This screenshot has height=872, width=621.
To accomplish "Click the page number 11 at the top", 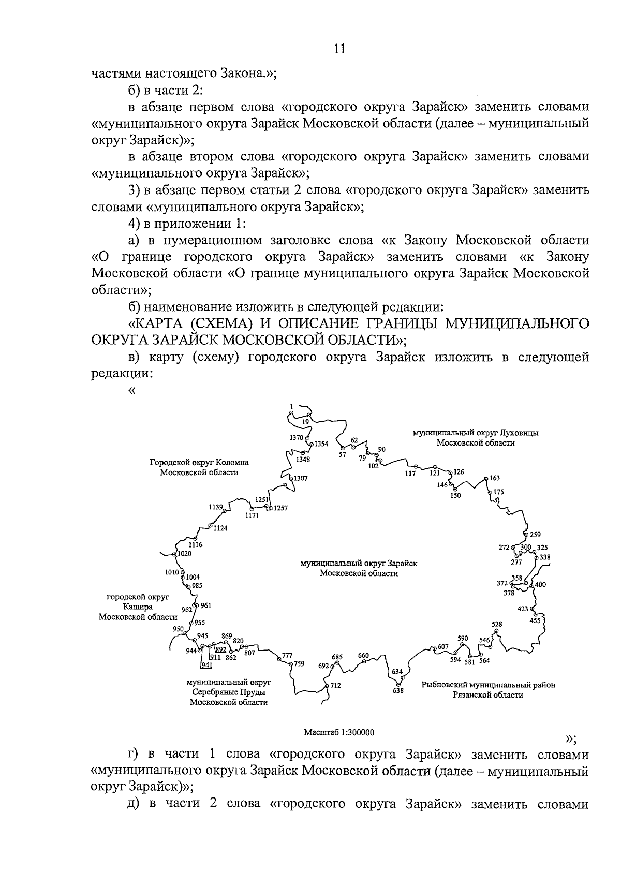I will click(339, 49).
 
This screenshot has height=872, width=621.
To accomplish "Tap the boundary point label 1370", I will click(297, 438).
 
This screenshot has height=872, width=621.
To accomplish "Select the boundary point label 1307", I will click(301, 478).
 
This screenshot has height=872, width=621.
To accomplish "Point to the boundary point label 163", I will click(495, 478).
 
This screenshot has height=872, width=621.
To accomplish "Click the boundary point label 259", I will click(535, 535).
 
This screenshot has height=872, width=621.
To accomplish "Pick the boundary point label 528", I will click(497, 624).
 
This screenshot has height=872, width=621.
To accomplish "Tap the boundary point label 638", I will click(398, 690).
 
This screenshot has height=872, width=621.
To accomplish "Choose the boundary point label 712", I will click(335, 686).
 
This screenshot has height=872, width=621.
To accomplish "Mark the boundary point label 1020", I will click(184, 553).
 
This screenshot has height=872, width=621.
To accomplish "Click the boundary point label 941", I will click(207, 666).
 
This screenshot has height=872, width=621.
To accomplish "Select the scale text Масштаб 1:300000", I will click(339, 732).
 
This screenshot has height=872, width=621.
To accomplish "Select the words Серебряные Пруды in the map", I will click(229, 692).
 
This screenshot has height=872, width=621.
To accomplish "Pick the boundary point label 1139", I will click(216, 507).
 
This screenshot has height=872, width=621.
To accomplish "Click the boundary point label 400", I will click(540, 585).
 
